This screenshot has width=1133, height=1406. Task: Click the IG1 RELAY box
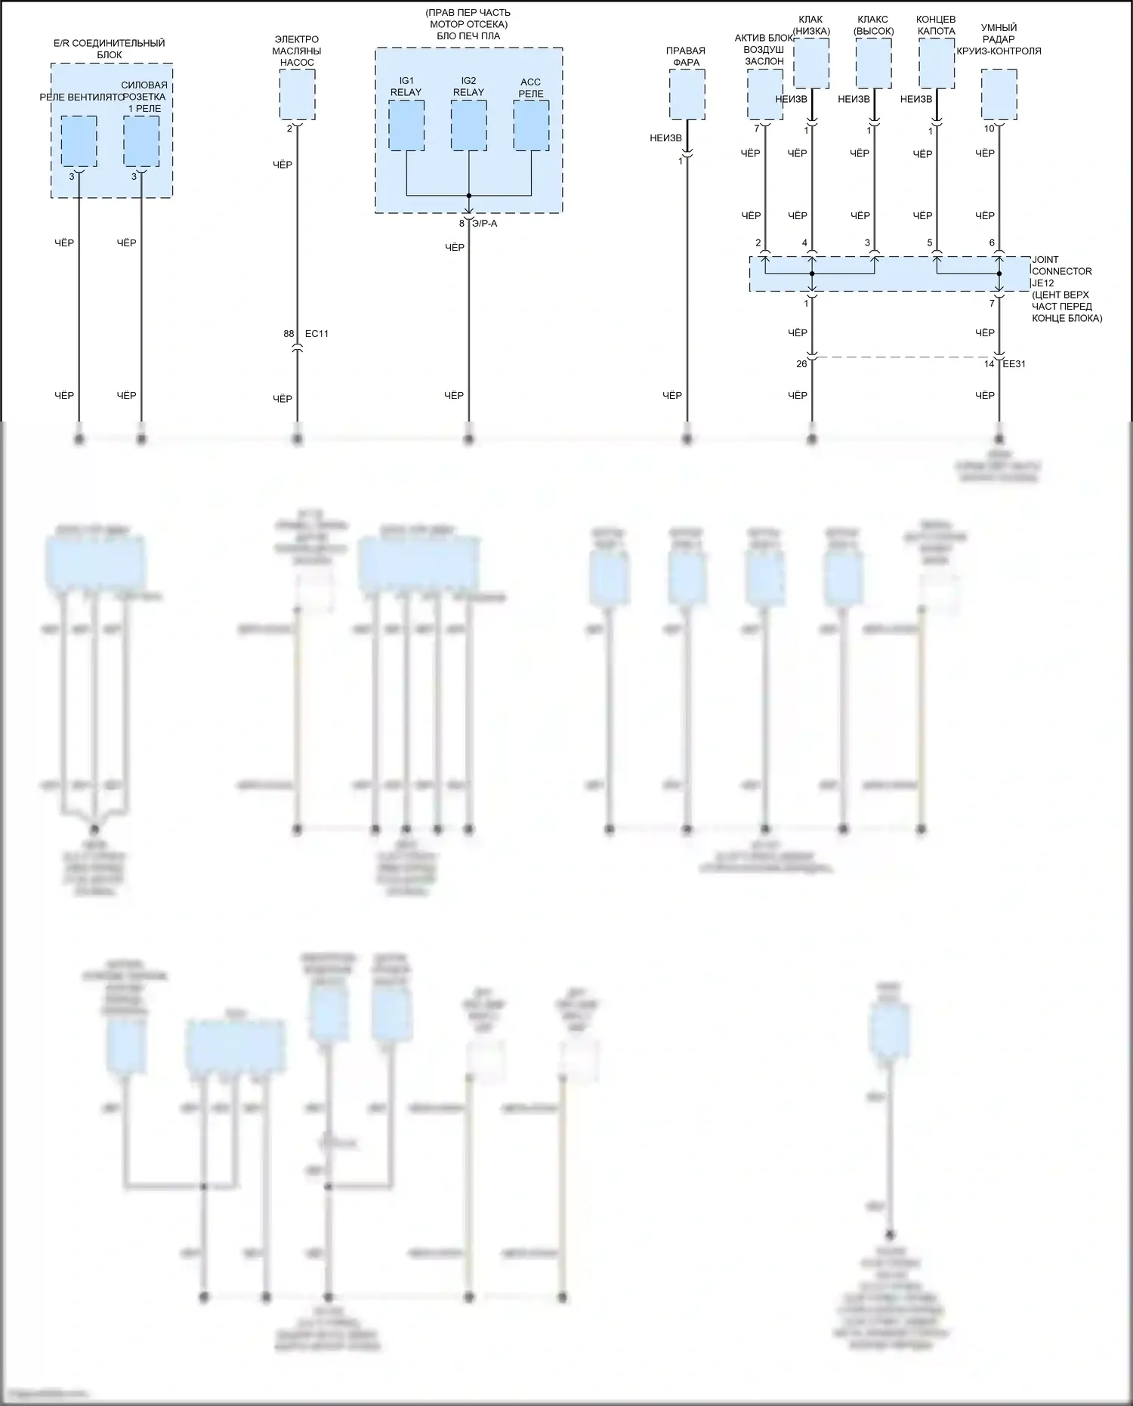(406, 125)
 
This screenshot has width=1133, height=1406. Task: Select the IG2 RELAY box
(468, 125)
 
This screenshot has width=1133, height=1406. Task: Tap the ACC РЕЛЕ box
(531, 125)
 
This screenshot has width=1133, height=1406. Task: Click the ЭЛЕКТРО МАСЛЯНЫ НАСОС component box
(297, 94)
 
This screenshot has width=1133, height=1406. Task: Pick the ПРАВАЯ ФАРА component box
(687, 94)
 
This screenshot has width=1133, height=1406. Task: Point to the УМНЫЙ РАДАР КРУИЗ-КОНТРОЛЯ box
(999, 94)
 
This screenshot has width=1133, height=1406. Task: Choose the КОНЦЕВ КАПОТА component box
(936, 63)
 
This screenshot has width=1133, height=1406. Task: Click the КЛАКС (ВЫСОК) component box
(874, 63)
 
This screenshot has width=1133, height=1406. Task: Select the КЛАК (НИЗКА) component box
(811, 63)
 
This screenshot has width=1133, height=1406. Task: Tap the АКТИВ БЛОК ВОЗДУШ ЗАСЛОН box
(765, 94)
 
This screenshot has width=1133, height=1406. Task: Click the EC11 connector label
(316, 334)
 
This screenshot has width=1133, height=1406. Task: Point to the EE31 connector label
(1014, 364)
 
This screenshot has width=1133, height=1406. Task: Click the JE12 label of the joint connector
(1042, 283)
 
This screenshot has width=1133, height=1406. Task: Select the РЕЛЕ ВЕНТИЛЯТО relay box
(79, 141)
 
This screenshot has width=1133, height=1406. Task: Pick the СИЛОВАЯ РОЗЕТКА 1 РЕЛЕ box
(141, 141)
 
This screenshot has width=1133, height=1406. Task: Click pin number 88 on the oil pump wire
(289, 334)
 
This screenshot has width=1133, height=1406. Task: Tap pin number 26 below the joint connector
(801, 364)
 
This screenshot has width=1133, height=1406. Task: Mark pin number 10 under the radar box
(989, 129)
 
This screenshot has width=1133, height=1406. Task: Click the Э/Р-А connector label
(484, 224)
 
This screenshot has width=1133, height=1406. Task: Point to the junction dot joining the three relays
(468, 196)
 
